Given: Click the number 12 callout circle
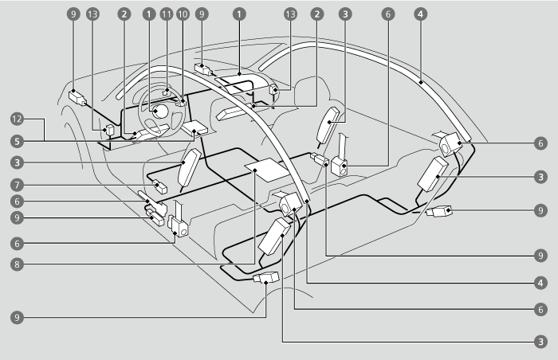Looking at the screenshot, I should pos(15,119).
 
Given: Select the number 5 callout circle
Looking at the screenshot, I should pos(15,141).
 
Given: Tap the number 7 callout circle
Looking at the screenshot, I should pos(15,185).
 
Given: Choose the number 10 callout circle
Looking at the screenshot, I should pos(183,14).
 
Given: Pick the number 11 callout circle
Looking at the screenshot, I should pos(166,14).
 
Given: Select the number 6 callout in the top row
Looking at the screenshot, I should pos(388,14).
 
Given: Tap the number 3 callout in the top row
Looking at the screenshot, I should pos(344,14).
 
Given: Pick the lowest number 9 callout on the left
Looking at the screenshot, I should pos(15,317).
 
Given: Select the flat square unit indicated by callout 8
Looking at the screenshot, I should pos(265,170).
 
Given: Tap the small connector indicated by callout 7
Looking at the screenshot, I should pos(159,188).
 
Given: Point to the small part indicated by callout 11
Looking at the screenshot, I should pos(166,92).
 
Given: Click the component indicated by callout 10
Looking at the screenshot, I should pos(183,101).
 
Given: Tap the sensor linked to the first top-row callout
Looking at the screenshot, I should pos(78,98).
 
